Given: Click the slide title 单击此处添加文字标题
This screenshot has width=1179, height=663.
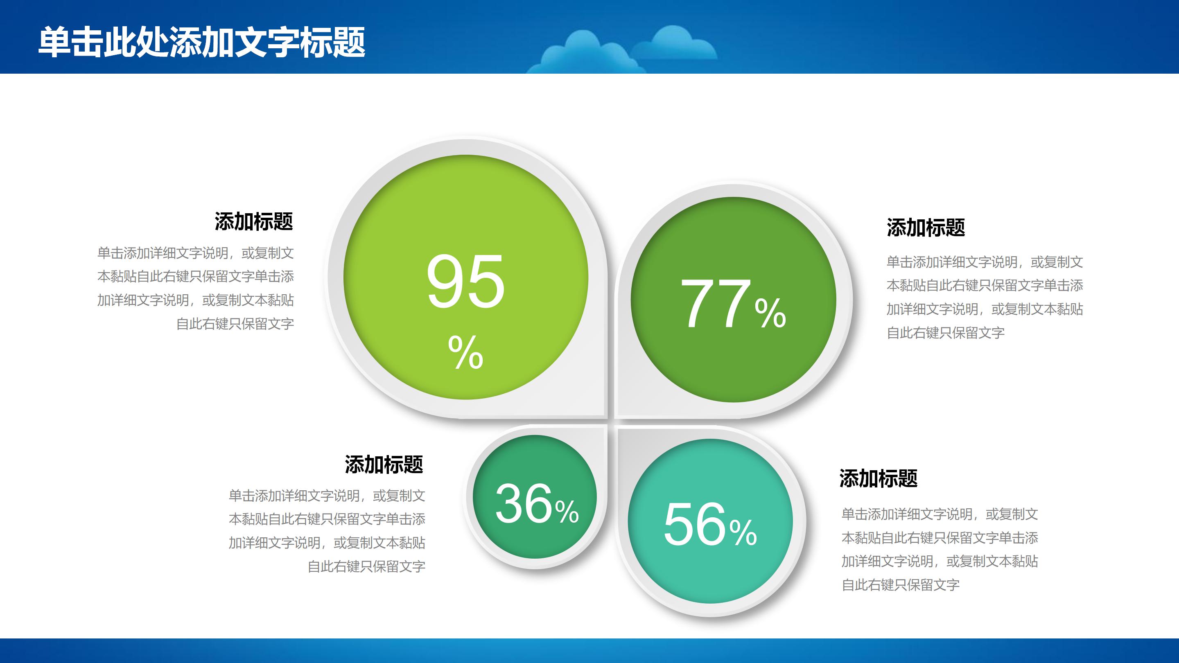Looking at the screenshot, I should pyautogui.click(x=201, y=42).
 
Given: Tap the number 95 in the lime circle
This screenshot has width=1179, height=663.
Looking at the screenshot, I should pyautogui.click(x=465, y=282).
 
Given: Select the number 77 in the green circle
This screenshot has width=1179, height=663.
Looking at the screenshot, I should pyautogui.click(x=716, y=304).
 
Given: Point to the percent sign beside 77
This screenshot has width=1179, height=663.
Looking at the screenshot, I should pyautogui.click(x=770, y=313).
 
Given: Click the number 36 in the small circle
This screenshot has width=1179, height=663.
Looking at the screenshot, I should pyautogui.click(x=524, y=504).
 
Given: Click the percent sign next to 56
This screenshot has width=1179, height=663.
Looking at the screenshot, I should pyautogui.click(x=743, y=532).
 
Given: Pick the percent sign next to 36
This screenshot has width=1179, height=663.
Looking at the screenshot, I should pyautogui.click(x=567, y=512).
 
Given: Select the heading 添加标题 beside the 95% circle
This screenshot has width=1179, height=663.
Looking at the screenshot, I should pyautogui.click(x=253, y=221).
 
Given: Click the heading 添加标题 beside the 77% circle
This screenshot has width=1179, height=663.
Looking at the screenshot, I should pyautogui.click(x=926, y=228).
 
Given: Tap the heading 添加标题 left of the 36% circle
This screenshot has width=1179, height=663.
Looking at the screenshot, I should pyautogui.click(x=384, y=465).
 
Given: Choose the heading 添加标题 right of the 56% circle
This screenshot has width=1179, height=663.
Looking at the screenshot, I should pyautogui.click(x=878, y=478).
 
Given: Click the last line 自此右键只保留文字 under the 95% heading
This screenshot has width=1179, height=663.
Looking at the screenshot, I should pyautogui.click(x=235, y=324).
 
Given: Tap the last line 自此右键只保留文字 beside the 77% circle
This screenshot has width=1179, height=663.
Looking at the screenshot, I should pyautogui.click(x=946, y=333).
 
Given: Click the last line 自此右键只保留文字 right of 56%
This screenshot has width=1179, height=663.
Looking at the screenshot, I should pyautogui.click(x=900, y=585).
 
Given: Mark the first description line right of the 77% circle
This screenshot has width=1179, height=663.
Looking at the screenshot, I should pyautogui.click(x=985, y=262).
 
